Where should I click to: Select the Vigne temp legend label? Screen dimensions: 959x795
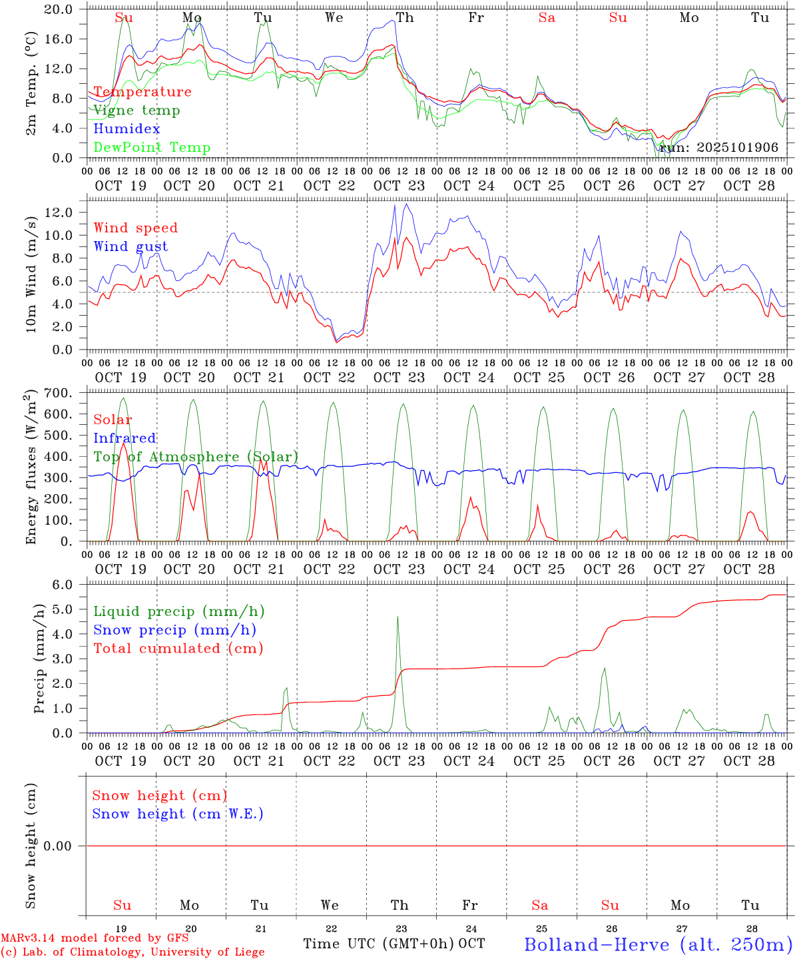click(x=136, y=110)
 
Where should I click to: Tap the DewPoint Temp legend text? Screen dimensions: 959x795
click(x=152, y=147)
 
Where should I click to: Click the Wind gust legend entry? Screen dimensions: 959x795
click(x=131, y=246)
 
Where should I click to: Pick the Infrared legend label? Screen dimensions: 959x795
click(x=125, y=438)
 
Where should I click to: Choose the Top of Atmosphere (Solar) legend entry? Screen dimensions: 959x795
click(x=195, y=457)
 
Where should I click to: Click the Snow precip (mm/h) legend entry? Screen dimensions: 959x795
click(x=174, y=630)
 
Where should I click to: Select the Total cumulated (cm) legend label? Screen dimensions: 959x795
click(x=178, y=649)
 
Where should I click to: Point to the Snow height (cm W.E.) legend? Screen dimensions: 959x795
click(x=177, y=814)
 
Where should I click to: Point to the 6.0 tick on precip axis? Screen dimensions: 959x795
click(x=63, y=585)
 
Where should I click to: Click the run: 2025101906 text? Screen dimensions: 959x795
click(x=718, y=148)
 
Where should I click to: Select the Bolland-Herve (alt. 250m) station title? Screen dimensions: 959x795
click(x=658, y=944)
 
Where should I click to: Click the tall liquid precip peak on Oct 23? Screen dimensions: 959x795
click(x=398, y=617)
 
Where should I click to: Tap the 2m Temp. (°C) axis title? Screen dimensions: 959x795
click(x=31, y=83)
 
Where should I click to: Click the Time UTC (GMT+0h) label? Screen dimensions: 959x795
click(x=379, y=944)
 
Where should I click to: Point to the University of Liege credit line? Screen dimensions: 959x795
click(x=132, y=952)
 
